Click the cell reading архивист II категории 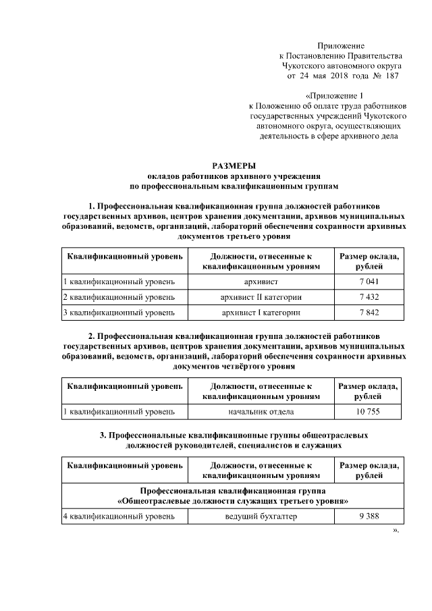tap(261, 296)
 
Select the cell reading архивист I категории tap(261, 313)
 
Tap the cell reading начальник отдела tap(261, 410)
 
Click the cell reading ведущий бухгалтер tap(261, 516)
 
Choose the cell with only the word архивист tap(261, 280)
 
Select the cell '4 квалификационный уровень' tap(119, 516)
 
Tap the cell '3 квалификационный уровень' tap(119, 313)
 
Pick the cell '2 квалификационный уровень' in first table tap(119, 296)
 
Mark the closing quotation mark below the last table tap(396, 530)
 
